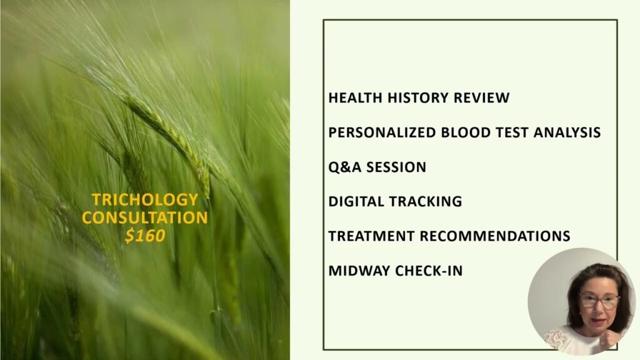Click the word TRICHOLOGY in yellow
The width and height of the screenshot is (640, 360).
pyautogui.click(x=145, y=199)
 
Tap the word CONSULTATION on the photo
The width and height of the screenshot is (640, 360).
pyautogui.click(x=145, y=217)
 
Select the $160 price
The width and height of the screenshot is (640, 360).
pyautogui.click(x=145, y=236)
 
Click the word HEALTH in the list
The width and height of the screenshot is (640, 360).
pyautogui.click(x=355, y=98)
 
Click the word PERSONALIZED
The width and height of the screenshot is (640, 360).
pyautogui.click(x=382, y=132)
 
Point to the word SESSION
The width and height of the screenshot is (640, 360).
pyautogui.click(x=396, y=167)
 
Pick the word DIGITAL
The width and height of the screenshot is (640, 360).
pyautogui.click(x=356, y=202)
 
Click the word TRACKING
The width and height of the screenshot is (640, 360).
pyautogui.click(x=425, y=202)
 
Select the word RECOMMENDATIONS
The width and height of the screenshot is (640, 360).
pyautogui.click(x=495, y=236)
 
